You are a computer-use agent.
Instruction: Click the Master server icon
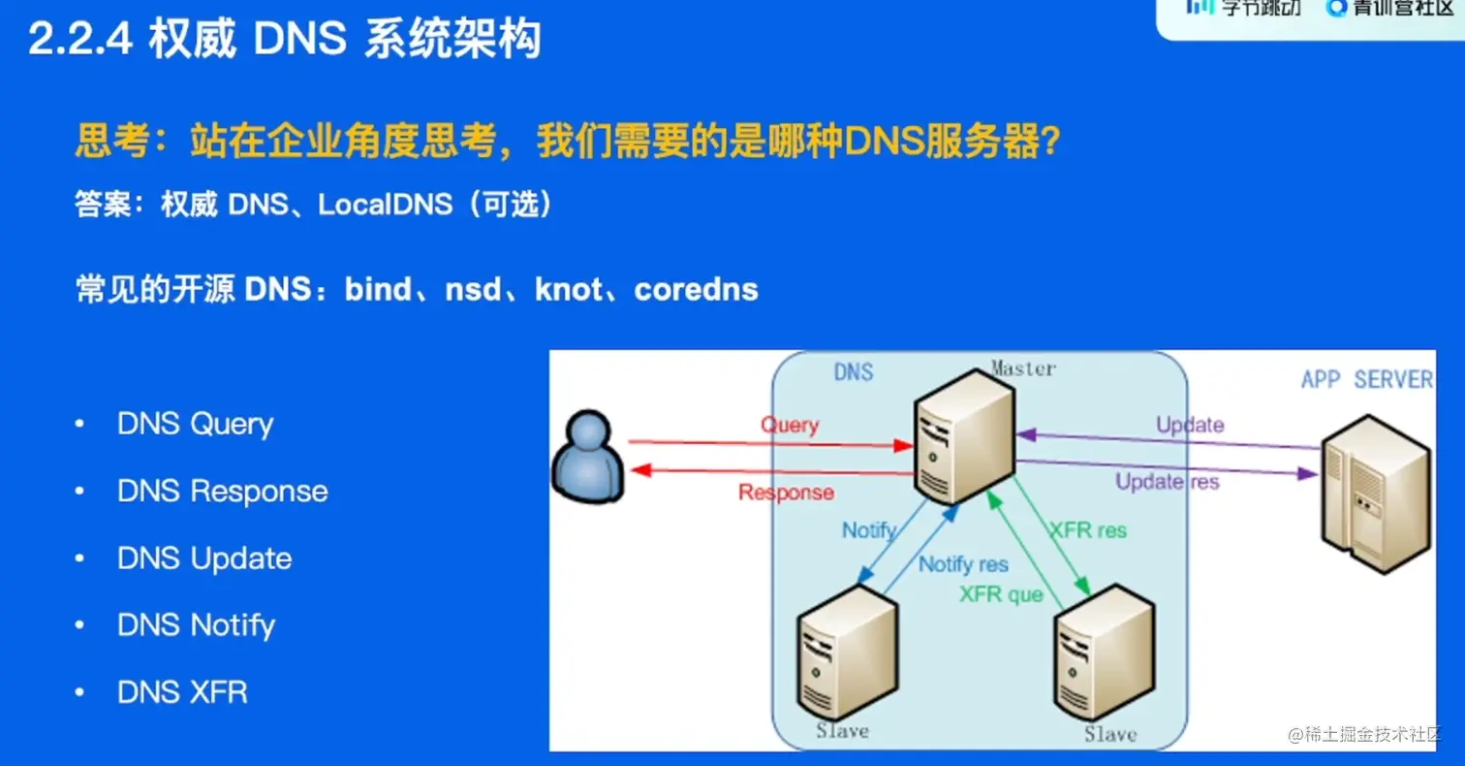pyautogui.click(x=964, y=436)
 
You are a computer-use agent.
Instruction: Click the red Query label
pyautogui.click(x=789, y=425)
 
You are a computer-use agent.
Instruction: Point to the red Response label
pyautogui.click(x=786, y=493)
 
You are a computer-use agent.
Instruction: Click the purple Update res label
pyautogui.click(x=1167, y=481)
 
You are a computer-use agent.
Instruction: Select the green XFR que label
pyautogui.click(x=1001, y=594)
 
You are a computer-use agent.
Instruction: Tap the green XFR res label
pyautogui.click(x=1088, y=530)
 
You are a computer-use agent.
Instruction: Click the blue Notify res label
pyautogui.click(x=963, y=564)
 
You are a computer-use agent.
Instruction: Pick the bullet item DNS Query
pyautogui.click(x=195, y=425)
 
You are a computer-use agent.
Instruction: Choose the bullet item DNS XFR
pyautogui.click(x=182, y=692)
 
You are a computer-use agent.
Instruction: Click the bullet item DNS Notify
pyautogui.click(x=196, y=625)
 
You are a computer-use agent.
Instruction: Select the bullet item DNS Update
pyautogui.click(x=203, y=559)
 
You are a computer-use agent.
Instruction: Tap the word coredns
pyautogui.click(x=696, y=289)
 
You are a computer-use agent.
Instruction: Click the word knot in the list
pyautogui.click(x=568, y=289)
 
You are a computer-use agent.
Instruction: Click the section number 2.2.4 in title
pyautogui.click(x=79, y=40)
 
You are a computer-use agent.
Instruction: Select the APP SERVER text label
pyautogui.click(x=1365, y=379)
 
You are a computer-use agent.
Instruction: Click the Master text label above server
pyautogui.click(x=1022, y=368)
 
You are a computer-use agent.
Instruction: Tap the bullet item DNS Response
pyautogui.click(x=222, y=492)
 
